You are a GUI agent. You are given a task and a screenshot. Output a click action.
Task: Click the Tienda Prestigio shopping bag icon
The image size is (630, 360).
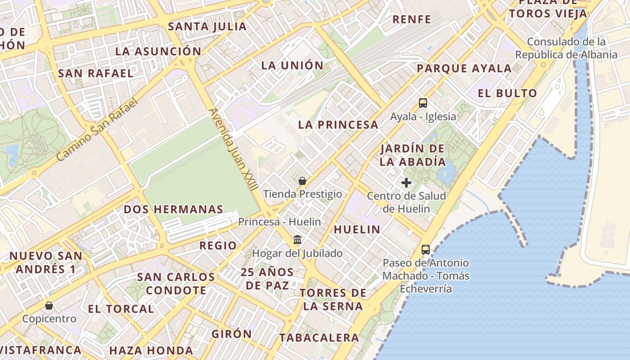click(x=302, y=181)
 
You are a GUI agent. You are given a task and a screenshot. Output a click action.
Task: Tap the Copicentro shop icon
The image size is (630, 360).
click(x=49, y=306)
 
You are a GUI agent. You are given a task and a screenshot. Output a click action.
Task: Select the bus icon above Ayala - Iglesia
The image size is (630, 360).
click(x=423, y=103)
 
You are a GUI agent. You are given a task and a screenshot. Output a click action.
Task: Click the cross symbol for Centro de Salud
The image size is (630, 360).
click(x=406, y=183)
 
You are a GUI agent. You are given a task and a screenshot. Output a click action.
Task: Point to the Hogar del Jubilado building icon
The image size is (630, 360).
click(x=297, y=239)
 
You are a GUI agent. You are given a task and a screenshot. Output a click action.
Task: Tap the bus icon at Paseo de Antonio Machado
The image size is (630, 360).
click(x=425, y=249)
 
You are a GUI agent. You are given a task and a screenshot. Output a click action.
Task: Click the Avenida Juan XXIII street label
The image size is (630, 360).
click(x=233, y=151)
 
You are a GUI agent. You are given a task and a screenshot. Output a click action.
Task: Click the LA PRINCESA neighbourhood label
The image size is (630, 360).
click(x=338, y=125)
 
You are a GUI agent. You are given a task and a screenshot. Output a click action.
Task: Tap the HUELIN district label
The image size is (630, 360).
click(x=357, y=229)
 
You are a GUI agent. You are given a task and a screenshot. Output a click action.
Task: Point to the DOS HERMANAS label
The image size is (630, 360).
click(x=173, y=209)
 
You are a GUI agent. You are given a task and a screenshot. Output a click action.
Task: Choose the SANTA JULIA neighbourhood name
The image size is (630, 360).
click(x=207, y=27)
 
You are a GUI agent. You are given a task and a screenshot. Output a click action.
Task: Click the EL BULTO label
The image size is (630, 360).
click(x=507, y=94)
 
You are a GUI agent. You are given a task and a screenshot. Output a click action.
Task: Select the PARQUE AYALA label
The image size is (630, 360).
click(x=464, y=69)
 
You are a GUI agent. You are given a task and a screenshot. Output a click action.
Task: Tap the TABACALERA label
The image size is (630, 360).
click(x=319, y=337)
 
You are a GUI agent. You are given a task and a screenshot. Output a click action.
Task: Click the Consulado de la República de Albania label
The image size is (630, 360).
click(x=566, y=48)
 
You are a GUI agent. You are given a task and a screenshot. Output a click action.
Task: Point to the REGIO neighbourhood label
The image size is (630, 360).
click(x=218, y=246)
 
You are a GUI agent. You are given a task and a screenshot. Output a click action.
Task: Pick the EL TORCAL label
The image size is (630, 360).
click(x=121, y=309)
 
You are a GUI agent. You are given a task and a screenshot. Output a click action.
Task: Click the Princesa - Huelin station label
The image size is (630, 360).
click(x=279, y=222)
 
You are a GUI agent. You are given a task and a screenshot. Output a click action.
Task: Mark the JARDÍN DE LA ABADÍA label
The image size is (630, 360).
click(x=412, y=155)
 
